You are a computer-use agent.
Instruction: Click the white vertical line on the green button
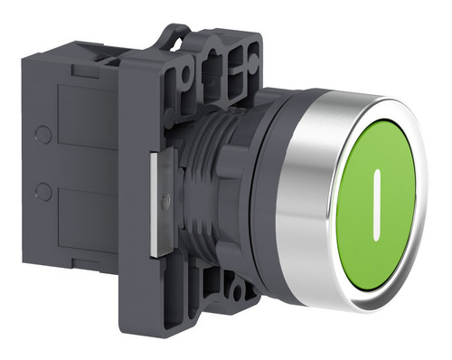(377, 205)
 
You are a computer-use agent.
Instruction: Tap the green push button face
(376, 204)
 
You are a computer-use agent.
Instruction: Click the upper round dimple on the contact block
(42, 134)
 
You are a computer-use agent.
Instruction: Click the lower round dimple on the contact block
(42, 191)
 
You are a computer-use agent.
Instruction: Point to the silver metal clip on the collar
(162, 203)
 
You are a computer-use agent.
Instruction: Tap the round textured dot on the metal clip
(165, 199)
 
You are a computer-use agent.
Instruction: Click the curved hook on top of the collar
(177, 33)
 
